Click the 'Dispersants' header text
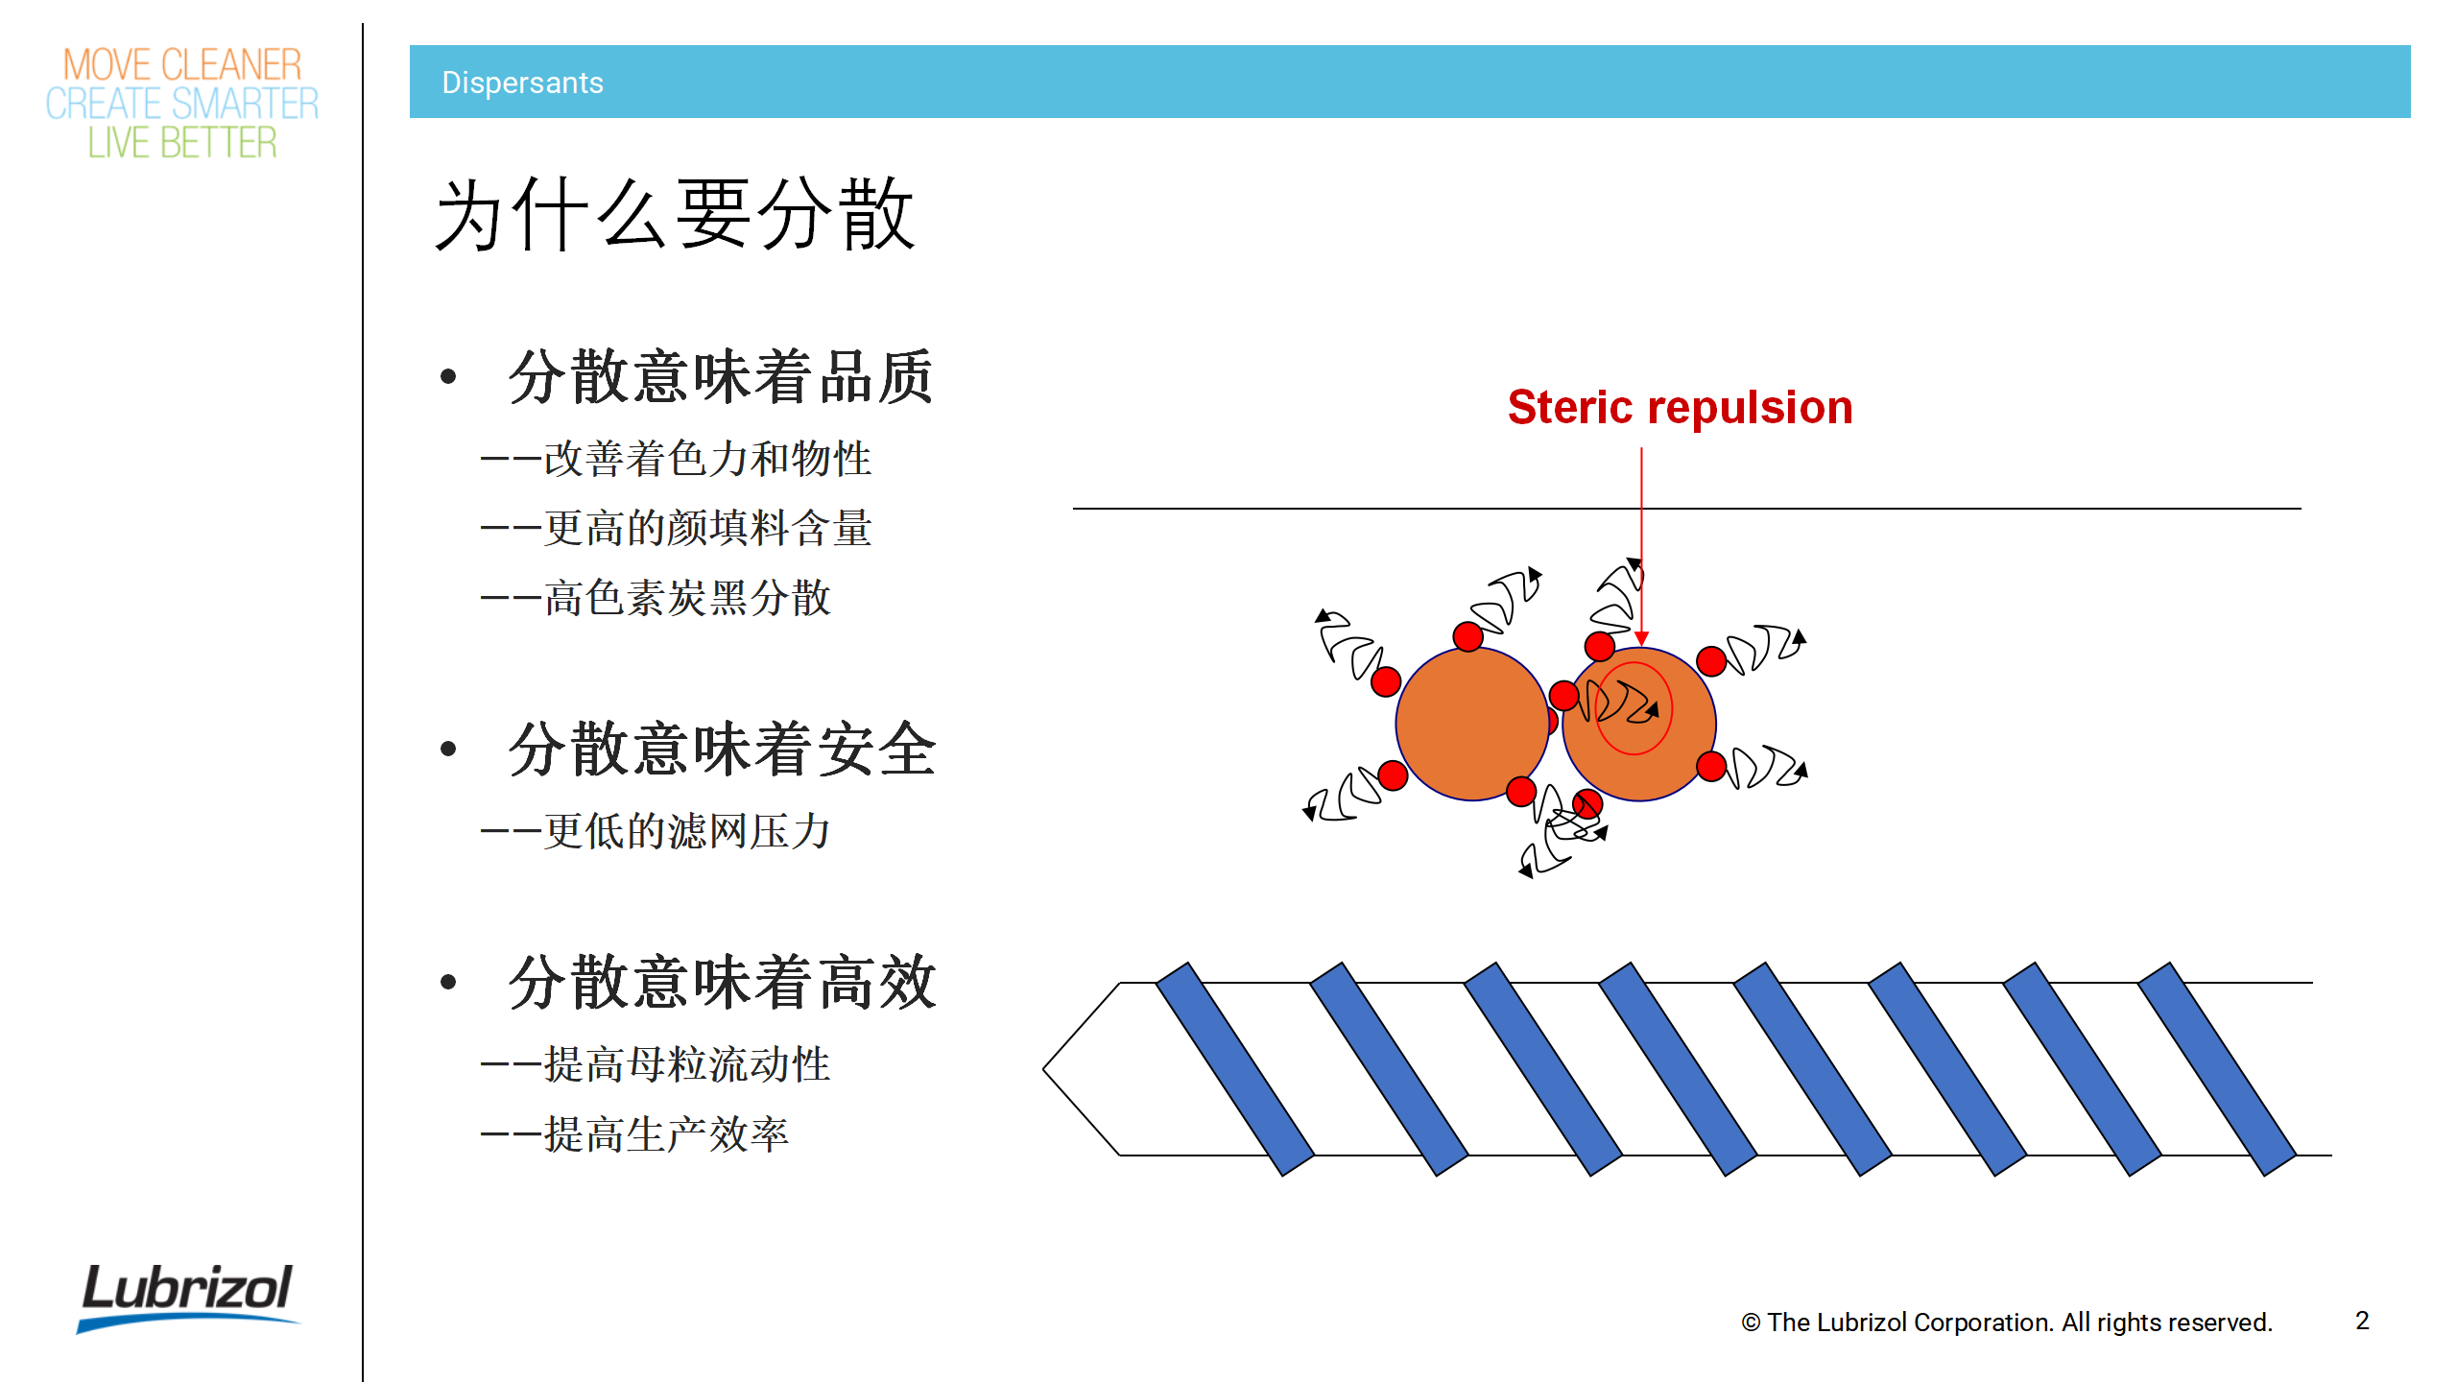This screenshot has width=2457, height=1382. coord(522,83)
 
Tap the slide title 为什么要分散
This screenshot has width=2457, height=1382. coord(676,215)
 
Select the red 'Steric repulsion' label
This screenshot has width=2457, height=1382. coord(1680,407)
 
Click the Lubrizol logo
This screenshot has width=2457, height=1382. coord(188,1296)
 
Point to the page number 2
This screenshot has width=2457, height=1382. coord(2362,1321)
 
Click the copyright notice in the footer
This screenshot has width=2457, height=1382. coord(2007,1322)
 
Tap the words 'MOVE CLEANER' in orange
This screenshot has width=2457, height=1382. coord(182,65)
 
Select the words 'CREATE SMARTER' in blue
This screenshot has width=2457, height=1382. coord(182,104)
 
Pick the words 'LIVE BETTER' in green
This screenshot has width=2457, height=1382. coord(182,143)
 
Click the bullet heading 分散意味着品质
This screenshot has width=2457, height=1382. coord(721,376)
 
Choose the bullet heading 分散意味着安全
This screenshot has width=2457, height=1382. coord(722,749)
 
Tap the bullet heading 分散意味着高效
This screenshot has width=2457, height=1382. coord(722,982)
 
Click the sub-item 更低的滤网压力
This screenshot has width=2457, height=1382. coord(687,831)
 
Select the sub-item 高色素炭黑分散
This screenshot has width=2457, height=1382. coord(687,597)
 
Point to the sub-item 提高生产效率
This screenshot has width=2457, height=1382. coord(666,1134)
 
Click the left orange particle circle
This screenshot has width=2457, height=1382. coord(1472,724)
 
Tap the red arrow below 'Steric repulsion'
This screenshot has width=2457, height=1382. coord(1641,546)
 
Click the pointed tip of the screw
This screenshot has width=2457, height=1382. coord(1044,1067)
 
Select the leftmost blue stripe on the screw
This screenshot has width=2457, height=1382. coord(1235,1068)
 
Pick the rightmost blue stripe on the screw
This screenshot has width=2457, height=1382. coord(2217,1068)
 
